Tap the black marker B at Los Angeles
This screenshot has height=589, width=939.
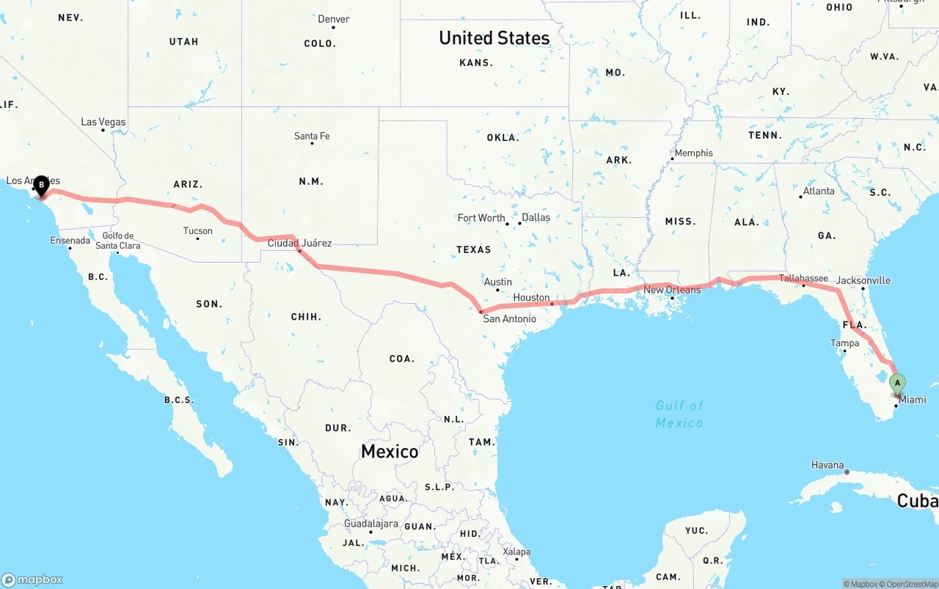tap(41, 185)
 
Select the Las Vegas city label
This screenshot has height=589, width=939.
tap(103, 122)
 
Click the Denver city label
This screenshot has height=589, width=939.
tap(334, 19)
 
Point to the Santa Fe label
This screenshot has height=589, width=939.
tap(312, 136)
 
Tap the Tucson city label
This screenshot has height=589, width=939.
tap(198, 231)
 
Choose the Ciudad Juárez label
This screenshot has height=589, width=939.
tap(299, 243)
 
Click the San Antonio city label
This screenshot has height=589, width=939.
tap(509, 319)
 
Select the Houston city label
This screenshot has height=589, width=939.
tap(531, 297)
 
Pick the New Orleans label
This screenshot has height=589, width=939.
tap(672, 290)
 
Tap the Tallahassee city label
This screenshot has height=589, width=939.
tap(803, 279)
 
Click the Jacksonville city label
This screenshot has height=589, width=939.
tap(863, 280)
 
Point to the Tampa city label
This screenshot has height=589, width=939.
tap(844, 343)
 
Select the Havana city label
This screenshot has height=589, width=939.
tap(827, 465)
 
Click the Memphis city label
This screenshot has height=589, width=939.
tap(693, 153)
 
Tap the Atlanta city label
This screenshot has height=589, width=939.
tap(819, 191)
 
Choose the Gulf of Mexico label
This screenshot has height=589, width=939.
tap(679, 414)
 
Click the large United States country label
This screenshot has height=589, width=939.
tap(494, 38)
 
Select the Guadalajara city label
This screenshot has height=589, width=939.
tap(371, 524)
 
